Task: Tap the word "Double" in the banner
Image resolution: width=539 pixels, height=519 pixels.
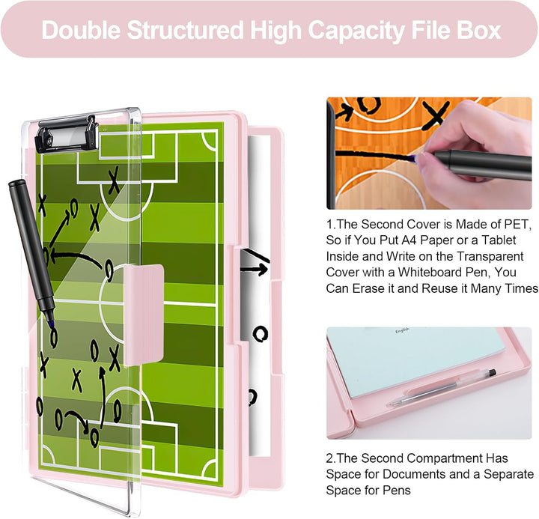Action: point(81,30)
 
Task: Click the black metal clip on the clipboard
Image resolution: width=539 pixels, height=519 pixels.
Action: point(67,135)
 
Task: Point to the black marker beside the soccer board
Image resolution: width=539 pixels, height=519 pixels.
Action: point(31,251)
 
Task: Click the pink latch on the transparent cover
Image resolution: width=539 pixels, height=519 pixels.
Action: point(144,315)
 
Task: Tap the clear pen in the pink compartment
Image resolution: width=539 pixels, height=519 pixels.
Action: point(442,388)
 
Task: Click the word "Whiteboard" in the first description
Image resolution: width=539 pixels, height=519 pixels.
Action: point(429,272)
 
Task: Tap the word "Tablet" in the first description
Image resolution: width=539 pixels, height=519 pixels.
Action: point(499,240)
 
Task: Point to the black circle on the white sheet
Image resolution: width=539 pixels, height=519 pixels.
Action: point(261,333)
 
